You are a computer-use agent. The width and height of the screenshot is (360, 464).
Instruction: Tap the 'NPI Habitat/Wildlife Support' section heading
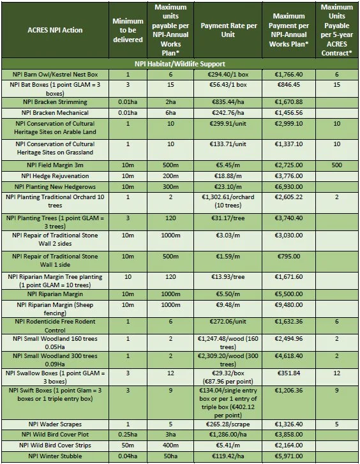pyautogui.click(x=179, y=64)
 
